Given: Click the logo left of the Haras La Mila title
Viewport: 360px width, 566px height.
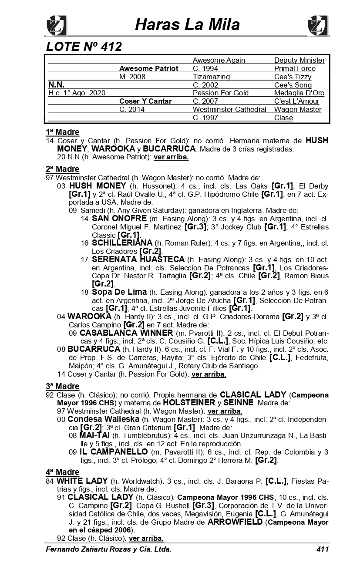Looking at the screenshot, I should coord(56,25).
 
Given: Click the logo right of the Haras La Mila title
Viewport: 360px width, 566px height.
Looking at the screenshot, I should coord(318,25).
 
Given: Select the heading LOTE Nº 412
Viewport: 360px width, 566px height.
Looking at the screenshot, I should coord(84,46).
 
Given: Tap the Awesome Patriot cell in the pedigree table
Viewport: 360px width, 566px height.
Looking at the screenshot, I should coord(148,68).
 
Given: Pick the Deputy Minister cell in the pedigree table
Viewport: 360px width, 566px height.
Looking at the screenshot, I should coord(299,60).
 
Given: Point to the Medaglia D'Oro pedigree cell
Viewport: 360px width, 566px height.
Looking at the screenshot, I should coord(299,93).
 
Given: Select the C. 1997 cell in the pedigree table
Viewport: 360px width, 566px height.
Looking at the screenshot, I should coord(205,118).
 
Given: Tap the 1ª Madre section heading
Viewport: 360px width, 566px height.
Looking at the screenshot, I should coord(62,132).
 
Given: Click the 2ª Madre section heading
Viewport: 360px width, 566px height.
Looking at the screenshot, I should coord(62,169).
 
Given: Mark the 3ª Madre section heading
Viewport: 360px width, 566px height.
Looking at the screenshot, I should coord(62,386).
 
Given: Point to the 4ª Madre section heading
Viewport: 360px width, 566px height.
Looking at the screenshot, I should coord(62,472).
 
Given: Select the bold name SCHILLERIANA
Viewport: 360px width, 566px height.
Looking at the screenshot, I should coord(122,243).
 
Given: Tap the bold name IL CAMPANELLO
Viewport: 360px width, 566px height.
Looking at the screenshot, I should coord(113,452).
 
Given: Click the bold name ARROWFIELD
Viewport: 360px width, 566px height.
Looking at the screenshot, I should coord(235,522).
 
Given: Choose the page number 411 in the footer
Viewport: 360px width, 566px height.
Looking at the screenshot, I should coord(322,549).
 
